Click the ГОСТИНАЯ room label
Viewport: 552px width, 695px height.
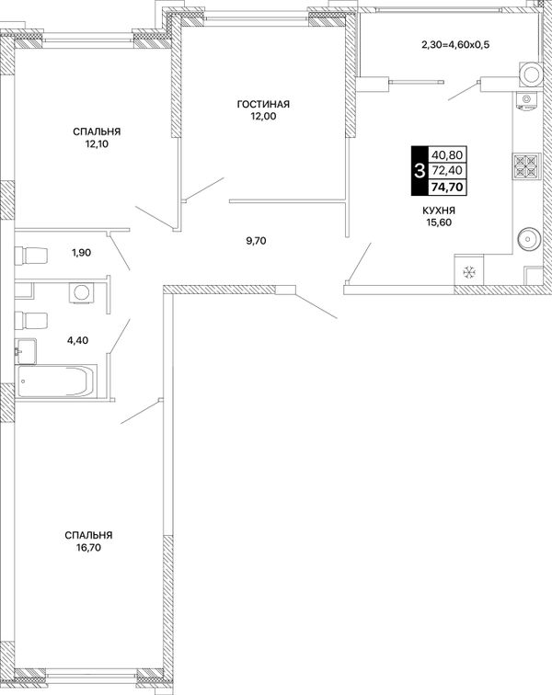coord(263,104)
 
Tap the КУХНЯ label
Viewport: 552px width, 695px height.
coord(439,211)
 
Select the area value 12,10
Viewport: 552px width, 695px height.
coord(98,143)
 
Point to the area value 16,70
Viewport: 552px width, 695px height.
coord(88,547)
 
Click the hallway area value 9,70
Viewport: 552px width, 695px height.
coord(256,241)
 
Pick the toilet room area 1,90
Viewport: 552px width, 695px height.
coord(81,253)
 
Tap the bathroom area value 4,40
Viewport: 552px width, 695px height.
coord(77,340)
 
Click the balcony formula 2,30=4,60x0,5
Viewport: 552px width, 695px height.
coord(455,44)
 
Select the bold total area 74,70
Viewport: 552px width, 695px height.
coord(447,188)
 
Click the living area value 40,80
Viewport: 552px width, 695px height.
coord(447,155)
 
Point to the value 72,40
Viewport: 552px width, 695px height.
coord(447,171)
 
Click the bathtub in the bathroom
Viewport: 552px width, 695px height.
coord(56,381)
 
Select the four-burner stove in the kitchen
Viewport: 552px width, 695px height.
coord(527,165)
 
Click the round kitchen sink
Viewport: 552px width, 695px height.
coord(528,239)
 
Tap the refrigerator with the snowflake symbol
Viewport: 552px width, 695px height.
coord(469,270)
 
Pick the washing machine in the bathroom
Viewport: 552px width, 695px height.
coord(81,292)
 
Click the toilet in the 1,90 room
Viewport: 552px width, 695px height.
coord(31,256)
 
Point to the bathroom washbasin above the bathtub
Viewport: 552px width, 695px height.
coord(25,351)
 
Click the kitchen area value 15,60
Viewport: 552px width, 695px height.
coord(439,222)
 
